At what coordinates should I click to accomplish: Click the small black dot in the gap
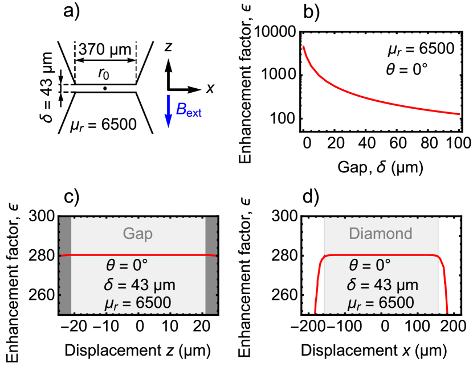click(105, 89)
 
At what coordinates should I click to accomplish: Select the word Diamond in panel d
click(382, 233)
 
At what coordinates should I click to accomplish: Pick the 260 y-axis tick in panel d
click(288, 295)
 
